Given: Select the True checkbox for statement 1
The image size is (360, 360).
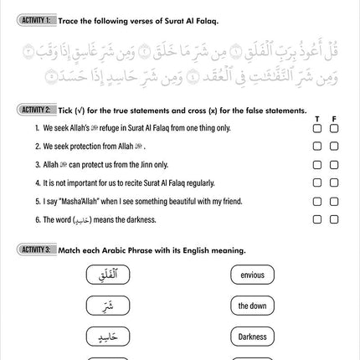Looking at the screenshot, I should tap(317, 129).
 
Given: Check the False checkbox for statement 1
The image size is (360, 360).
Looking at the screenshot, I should tap(334, 129).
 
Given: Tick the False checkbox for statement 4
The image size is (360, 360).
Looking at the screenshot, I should tap(334, 183).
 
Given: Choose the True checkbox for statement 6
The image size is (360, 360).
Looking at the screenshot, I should tap(317, 219).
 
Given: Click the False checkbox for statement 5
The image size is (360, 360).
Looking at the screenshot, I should tap(334, 201).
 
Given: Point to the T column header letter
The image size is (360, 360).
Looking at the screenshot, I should tap(317, 119).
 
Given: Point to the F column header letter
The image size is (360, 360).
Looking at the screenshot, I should tap(334, 119).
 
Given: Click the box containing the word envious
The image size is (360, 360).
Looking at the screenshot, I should tap(252, 275).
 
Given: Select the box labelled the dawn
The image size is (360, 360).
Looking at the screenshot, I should tap(252, 306).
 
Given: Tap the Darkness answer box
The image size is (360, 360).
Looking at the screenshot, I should tap(252, 337).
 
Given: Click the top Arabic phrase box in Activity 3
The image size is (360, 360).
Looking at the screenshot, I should tap(109, 275).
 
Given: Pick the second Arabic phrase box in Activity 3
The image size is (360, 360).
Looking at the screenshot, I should tap(109, 306).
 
